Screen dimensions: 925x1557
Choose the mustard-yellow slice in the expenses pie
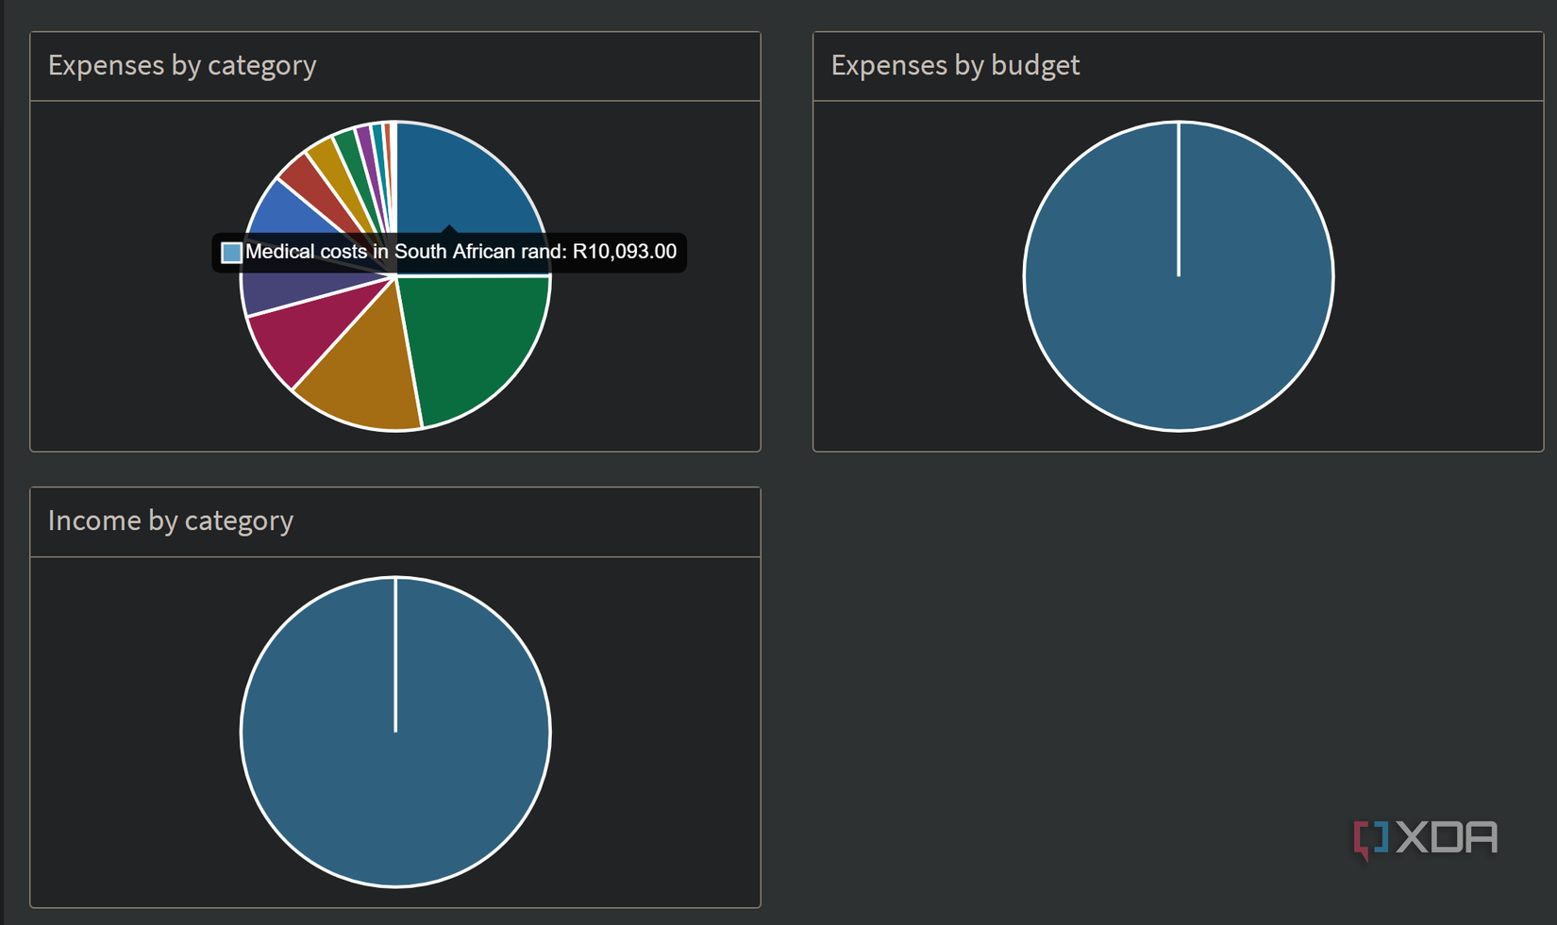tap(326, 157)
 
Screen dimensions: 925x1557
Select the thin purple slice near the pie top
tap(364, 138)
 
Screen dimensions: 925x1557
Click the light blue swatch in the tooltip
tap(231, 253)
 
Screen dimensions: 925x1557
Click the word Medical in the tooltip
tap(277, 252)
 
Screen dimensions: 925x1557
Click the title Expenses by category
tap(182, 65)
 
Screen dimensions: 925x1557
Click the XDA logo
tap(1426, 837)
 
